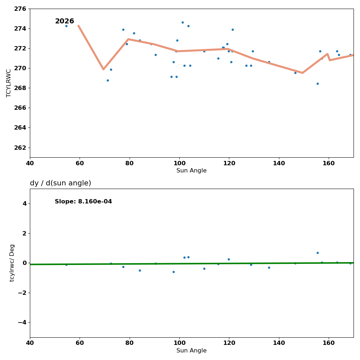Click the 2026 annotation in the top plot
click(64, 22)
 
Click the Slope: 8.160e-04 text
click(83, 202)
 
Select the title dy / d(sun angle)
click(60, 183)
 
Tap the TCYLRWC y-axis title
click(9, 83)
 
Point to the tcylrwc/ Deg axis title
click(12, 263)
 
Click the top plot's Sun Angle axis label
click(192, 171)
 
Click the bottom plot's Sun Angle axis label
click(192, 351)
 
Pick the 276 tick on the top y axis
click(20, 9)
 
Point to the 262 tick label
click(20, 148)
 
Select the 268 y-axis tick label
click(20, 88)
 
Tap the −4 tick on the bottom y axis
click(22, 322)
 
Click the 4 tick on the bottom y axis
click(24, 203)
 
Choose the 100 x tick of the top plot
click(179, 163)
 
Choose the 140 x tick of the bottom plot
click(279, 343)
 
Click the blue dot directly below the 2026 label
click(66, 26)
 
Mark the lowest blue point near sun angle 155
click(318, 84)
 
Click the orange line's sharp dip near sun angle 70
click(103, 69)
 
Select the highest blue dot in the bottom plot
click(318, 253)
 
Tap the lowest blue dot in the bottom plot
click(174, 272)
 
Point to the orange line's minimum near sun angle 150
click(302, 73)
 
